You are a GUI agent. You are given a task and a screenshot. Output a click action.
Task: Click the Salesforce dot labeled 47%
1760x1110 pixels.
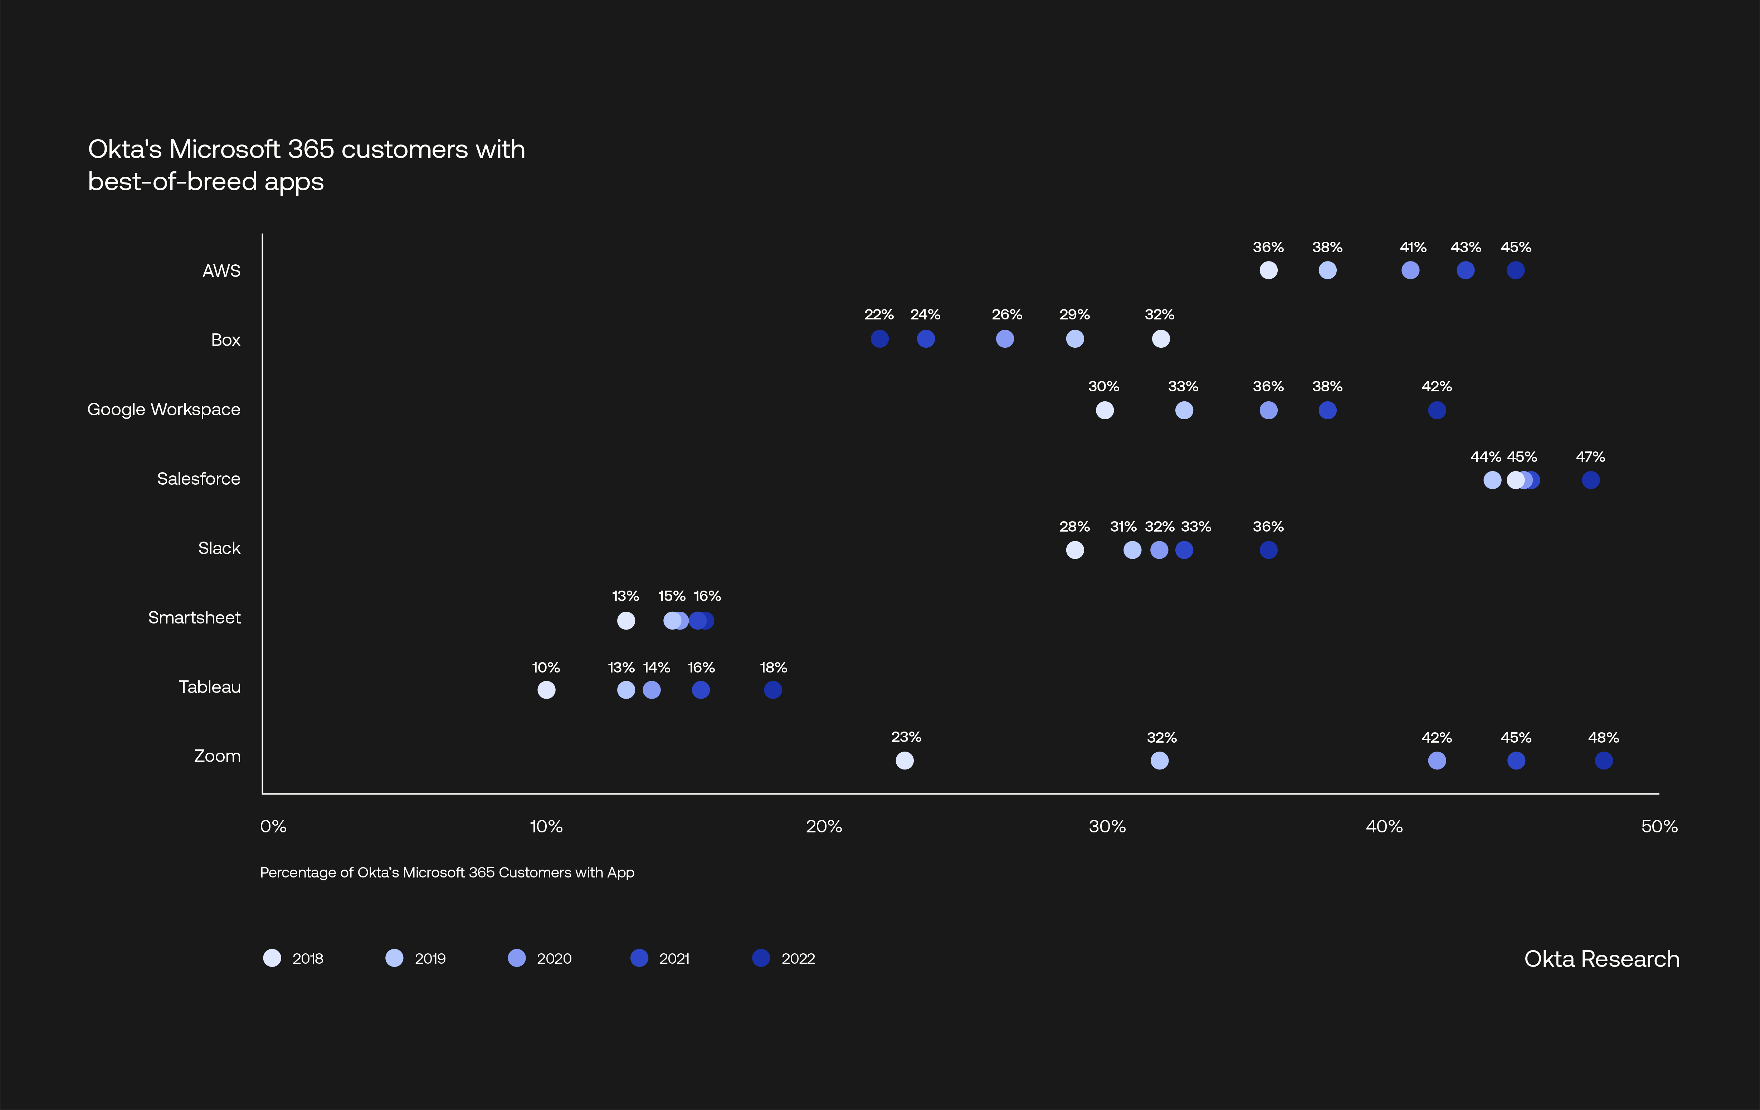(x=1590, y=480)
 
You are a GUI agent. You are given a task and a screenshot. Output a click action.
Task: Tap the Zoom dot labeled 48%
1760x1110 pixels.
(x=1604, y=761)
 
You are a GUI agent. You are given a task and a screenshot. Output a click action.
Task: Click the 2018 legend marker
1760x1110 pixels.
(x=272, y=958)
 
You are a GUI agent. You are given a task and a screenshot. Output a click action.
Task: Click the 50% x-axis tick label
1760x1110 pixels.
(x=1659, y=826)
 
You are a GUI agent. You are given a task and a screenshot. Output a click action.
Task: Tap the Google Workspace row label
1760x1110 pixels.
(x=164, y=409)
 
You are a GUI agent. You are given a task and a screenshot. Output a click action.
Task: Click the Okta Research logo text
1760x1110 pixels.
(x=1601, y=959)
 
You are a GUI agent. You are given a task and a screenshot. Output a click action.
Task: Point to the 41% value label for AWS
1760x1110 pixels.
(x=1413, y=247)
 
